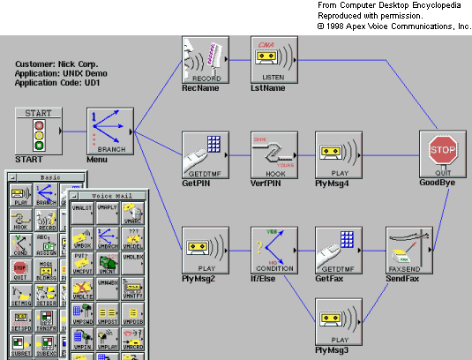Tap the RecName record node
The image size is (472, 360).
coord(205,58)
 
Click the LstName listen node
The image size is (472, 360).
coord(273,58)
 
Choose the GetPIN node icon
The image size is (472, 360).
coord(205,154)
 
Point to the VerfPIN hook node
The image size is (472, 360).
coord(273,154)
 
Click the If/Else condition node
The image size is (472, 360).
coord(273,250)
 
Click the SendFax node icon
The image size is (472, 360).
coord(408,250)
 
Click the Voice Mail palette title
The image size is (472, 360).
coord(109,192)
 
